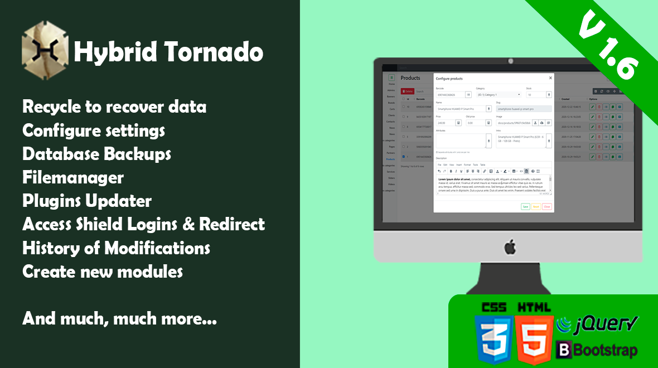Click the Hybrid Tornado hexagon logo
click(45, 50)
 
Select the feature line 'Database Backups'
click(96, 153)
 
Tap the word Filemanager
click(73, 177)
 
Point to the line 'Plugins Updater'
click(87, 201)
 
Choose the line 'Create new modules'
click(103, 272)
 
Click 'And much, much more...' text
click(119, 319)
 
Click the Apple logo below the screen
click(510, 246)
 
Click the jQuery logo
click(598, 324)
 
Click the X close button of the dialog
click(550, 78)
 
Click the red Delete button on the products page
click(407, 91)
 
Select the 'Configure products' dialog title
click(449, 79)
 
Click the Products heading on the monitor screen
click(410, 78)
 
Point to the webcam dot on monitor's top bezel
click(510, 61)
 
